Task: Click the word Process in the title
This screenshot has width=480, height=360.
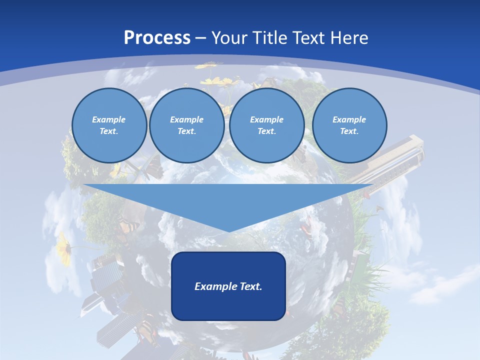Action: pos(157,37)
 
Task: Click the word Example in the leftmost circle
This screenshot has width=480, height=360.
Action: pos(109,119)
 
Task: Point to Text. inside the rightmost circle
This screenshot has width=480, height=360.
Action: pos(349,131)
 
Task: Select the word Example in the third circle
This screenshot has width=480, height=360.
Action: pos(266,119)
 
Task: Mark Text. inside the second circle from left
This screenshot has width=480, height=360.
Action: pos(186,131)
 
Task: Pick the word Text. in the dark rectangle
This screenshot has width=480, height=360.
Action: pos(250,286)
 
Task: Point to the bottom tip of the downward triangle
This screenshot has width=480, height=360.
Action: pos(229,230)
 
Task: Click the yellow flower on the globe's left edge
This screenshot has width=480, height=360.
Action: pos(64,246)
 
